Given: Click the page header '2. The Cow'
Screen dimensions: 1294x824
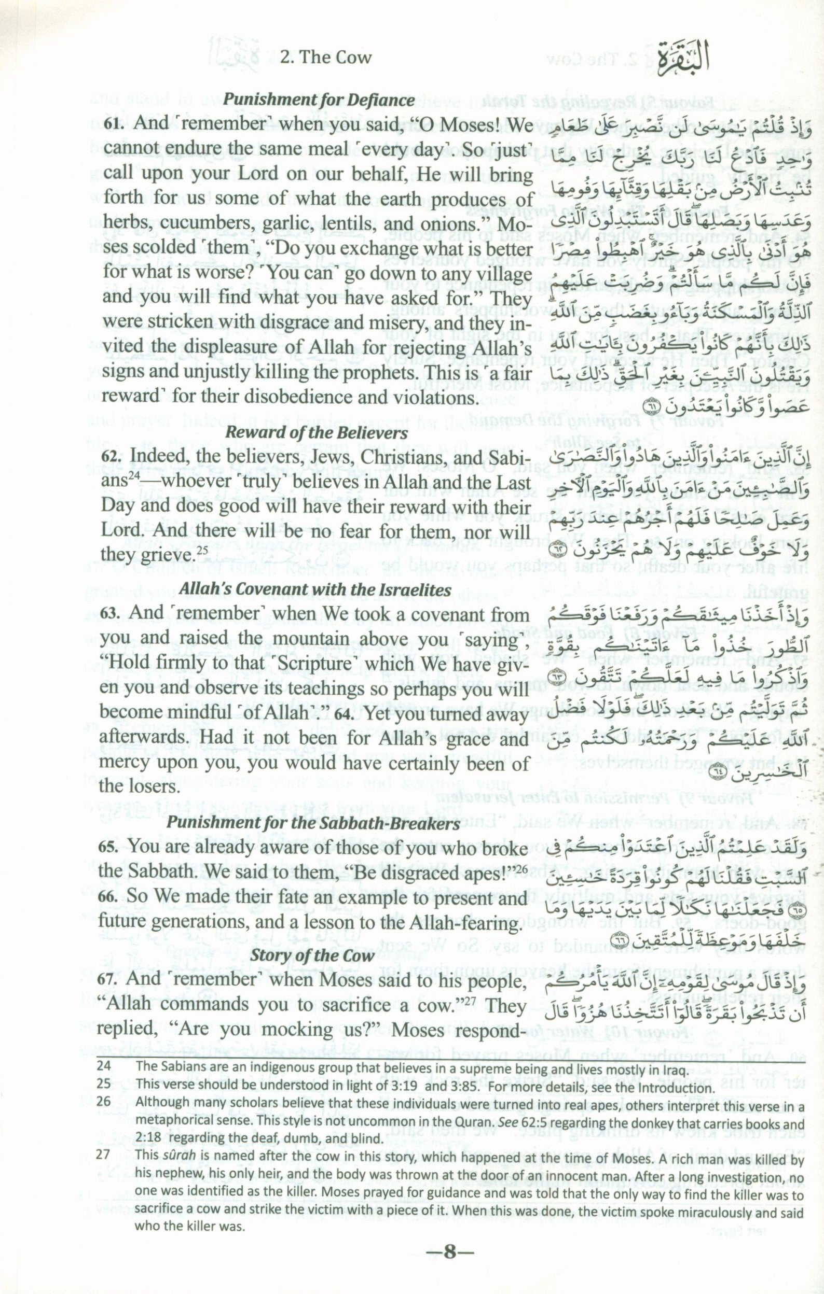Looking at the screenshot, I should pos(325,57).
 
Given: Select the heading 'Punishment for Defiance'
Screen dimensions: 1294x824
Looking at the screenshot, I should pos(319,100).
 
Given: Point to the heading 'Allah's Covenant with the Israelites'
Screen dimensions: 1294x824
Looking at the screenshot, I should pos(314,590).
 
